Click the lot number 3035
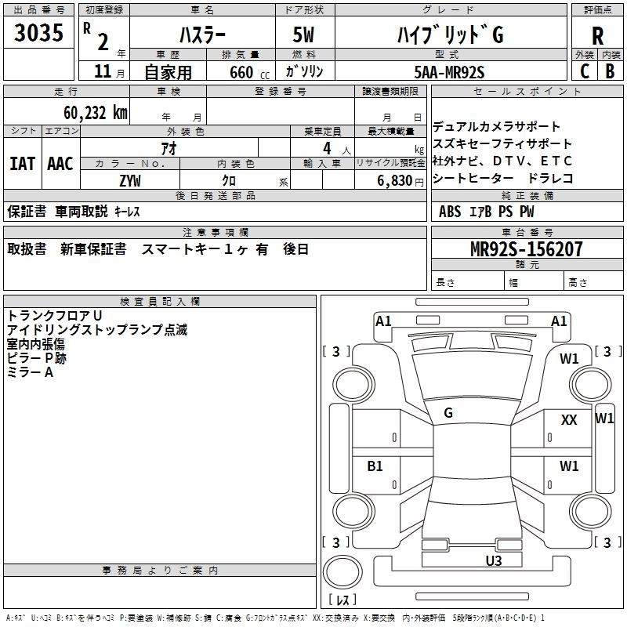[x=38, y=34]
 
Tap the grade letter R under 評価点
[x=597, y=35]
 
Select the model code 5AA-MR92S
[x=449, y=72]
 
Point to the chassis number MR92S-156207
[x=527, y=250]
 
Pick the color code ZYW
[x=130, y=180]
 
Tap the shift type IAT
[x=22, y=163]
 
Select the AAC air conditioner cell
[x=60, y=163]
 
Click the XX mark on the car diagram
[x=569, y=420]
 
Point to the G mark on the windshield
[x=448, y=412]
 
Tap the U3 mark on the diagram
[x=493, y=560]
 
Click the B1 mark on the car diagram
[x=375, y=466]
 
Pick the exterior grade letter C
[x=584, y=72]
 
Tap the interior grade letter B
[x=610, y=72]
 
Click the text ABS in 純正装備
[x=450, y=212]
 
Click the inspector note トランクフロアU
[x=55, y=316]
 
